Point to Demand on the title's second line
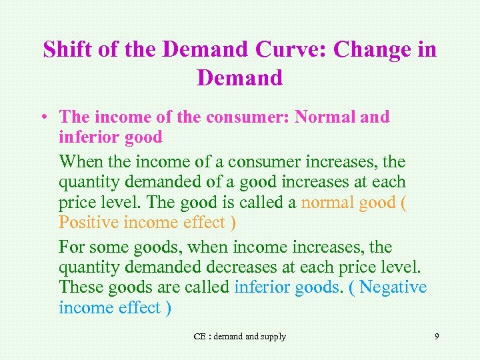pos(240,78)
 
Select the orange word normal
pos(327,202)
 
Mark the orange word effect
pos(208,222)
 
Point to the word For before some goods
pos(72,247)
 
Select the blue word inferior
pos(263,287)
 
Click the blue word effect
pos(139,307)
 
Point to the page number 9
pos(437,336)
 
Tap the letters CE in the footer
pos(199,337)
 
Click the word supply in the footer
pos(273,337)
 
